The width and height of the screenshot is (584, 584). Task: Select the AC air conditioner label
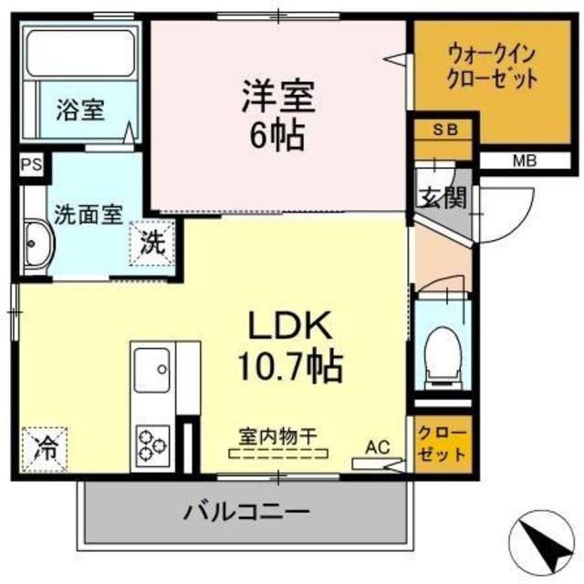coord(377,447)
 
